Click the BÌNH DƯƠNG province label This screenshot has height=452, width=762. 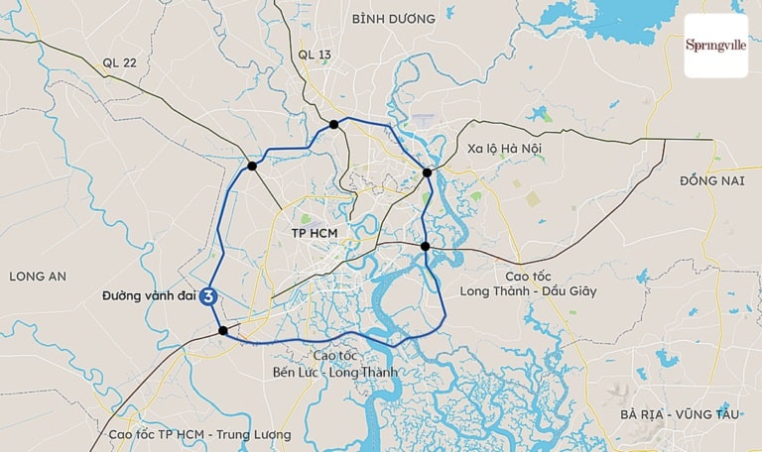point(393,19)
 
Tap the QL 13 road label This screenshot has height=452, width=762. point(316,55)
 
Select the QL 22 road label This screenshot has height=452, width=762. point(119,61)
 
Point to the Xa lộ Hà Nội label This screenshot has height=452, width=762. point(505,148)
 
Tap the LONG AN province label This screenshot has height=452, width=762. point(38,276)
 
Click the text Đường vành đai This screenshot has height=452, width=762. point(149,295)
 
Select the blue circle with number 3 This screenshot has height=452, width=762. point(209,295)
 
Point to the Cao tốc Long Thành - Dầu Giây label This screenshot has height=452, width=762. point(528,282)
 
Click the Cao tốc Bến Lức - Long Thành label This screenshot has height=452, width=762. point(335,364)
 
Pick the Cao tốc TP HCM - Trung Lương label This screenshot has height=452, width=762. point(199,434)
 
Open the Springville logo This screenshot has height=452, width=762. point(716,46)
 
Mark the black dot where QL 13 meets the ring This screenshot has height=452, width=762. point(334,124)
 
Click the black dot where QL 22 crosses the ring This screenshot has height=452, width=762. point(253,167)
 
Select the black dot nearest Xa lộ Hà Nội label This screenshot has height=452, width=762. point(428,172)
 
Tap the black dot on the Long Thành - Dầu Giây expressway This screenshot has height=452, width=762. point(425,246)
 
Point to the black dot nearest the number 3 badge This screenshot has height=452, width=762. point(223,331)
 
